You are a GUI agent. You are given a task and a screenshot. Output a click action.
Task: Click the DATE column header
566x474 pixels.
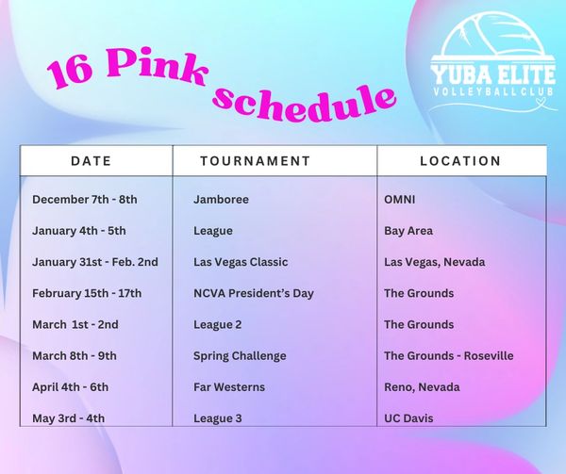(91, 161)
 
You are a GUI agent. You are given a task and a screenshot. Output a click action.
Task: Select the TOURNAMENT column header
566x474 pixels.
(256, 161)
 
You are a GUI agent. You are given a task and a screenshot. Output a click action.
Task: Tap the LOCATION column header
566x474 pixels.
(460, 161)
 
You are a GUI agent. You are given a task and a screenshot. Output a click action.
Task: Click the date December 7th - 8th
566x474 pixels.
(85, 200)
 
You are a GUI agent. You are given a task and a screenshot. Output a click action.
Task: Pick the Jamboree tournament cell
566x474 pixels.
(221, 200)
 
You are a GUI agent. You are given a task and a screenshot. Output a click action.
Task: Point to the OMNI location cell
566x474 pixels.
(400, 200)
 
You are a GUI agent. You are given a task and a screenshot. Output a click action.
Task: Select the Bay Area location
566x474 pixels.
(408, 231)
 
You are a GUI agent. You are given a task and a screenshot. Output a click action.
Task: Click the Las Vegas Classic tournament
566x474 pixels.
(241, 262)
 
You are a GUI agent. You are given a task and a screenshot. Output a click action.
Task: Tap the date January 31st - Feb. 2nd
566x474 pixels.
(95, 262)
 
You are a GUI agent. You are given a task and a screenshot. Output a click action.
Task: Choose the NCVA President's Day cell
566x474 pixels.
(254, 293)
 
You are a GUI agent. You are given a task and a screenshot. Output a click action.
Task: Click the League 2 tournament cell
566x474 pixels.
(217, 325)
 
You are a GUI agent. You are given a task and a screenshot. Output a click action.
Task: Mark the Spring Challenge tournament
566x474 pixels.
(240, 356)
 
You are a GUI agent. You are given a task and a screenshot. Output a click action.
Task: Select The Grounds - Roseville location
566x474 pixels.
(449, 356)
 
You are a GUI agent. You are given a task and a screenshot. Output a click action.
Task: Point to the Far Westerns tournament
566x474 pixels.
(229, 387)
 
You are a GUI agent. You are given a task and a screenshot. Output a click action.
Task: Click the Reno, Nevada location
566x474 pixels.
(422, 387)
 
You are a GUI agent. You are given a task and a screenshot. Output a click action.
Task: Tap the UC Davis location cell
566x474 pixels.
(408, 418)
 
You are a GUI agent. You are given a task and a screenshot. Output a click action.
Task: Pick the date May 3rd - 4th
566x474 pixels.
(68, 418)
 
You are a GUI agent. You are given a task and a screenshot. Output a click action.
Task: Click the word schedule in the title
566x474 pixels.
(305, 102)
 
